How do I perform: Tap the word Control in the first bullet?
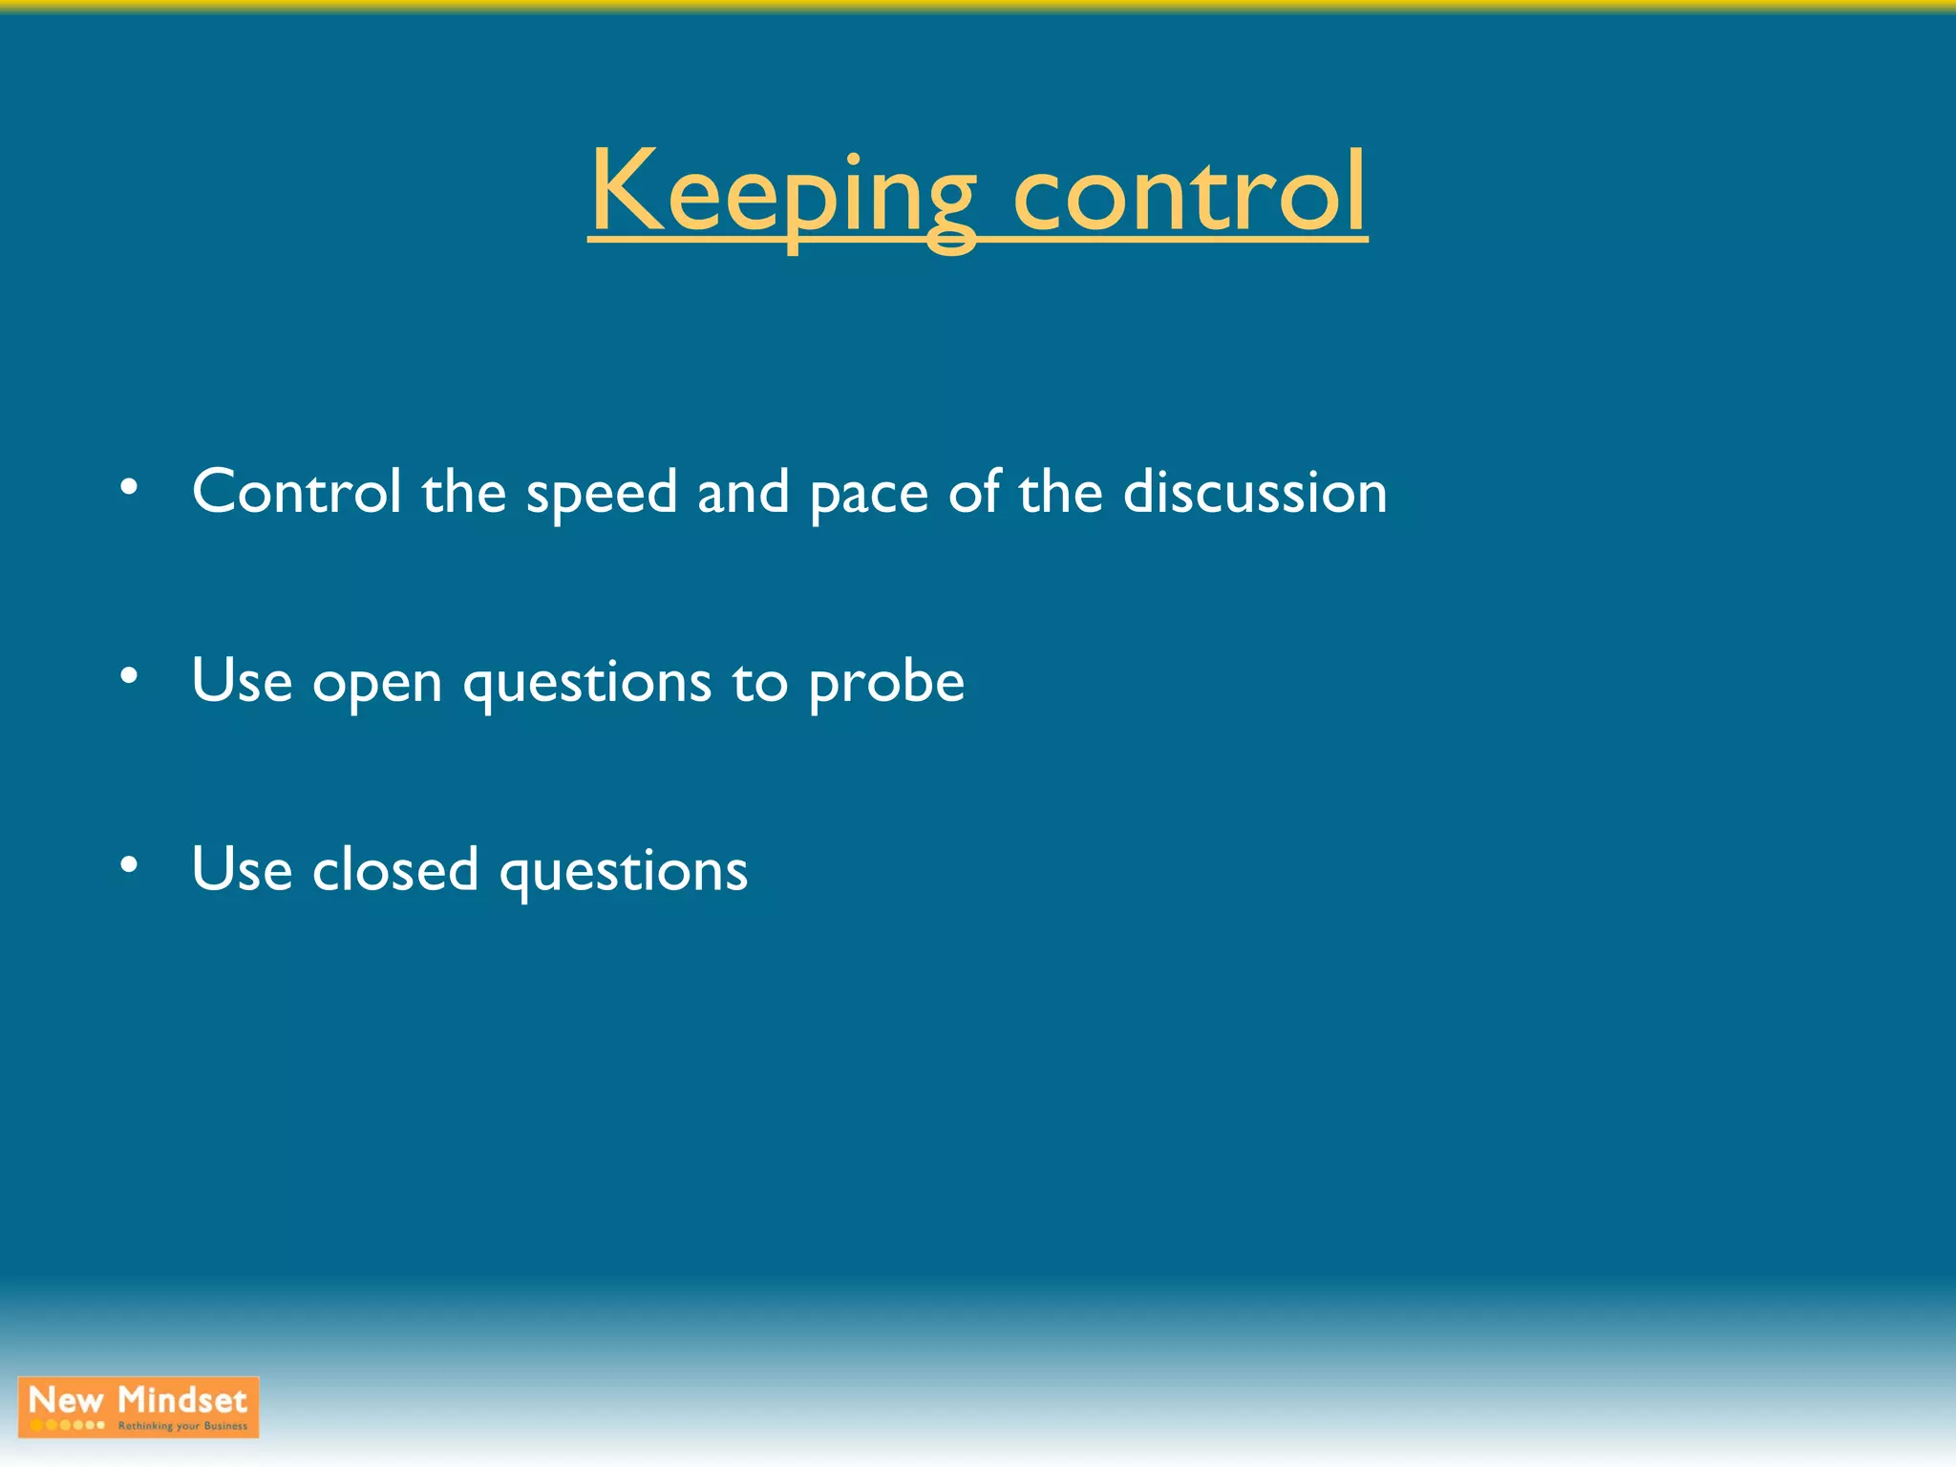pyautogui.click(x=296, y=492)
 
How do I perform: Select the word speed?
pyautogui.click(x=602, y=495)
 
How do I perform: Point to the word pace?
pyautogui.click(x=869, y=495)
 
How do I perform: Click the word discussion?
pyautogui.click(x=1255, y=492)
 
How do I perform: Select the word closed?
pyautogui.click(x=395, y=870)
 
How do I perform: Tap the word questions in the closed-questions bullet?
pyautogui.click(x=624, y=873)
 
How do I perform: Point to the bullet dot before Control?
pyautogui.click(x=129, y=487)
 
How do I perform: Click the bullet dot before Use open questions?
pyautogui.click(x=129, y=676)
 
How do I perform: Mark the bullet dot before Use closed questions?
pyautogui.click(x=129, y=865)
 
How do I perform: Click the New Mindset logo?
pyautogui.click(x=138, y=1407)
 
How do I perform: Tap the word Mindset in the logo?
pyautogui.click(x=182, y=1400)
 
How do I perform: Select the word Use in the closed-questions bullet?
pyautogui.click(x=242, y=870)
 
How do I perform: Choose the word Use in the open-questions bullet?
pyautogui.click(x=242, y=682)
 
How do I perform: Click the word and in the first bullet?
pyautogui.click(x=743, y=492)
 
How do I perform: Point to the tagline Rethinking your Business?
pyautogui.click(x=182, y=1426)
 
